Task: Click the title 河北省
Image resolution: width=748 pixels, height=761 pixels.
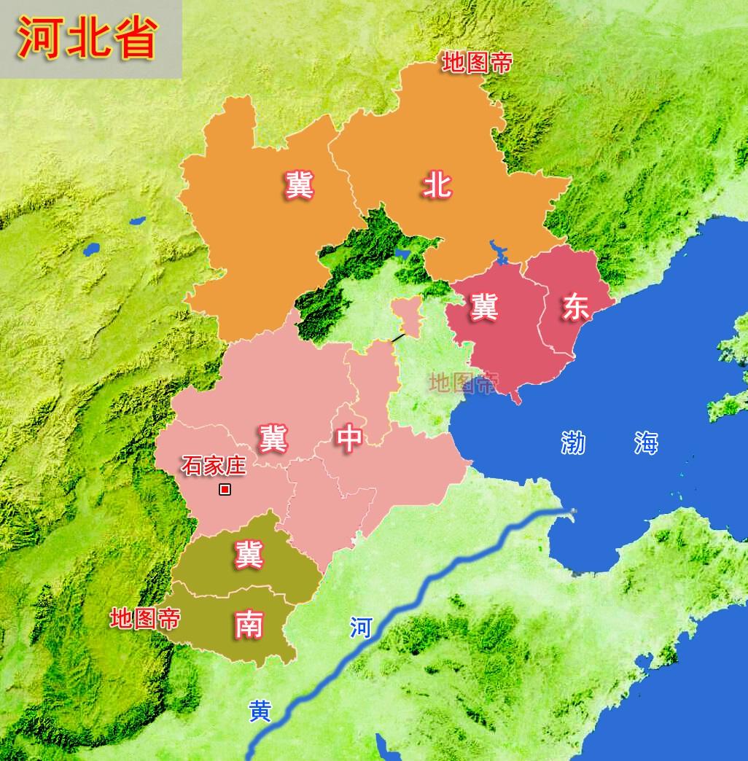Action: pyautogui.click(x=87, y=38)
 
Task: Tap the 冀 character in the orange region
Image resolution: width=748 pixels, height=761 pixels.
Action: pyautogui.click(x=299, y=185)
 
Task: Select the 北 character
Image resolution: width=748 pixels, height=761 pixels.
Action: pyautogui.click(x=437, y=185)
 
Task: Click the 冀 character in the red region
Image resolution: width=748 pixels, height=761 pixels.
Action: pyautogui.click(x=483, y=307)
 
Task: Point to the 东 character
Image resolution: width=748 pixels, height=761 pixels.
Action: pyautogui.click(x=575, y=307)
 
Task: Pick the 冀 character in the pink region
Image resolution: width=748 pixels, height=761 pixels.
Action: pyautogui.click(x=272, y=438)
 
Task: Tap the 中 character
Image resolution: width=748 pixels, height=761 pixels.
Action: pyautogui.click(x=349, y=438)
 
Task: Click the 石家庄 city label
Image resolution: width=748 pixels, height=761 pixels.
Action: pyautogui.click(x=214, y=466)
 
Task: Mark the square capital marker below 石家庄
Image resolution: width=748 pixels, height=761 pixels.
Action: pyautogui.click(x=225, y=490)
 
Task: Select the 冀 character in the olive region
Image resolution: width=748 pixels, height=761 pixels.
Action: pyautogui.click(x=248, y=555)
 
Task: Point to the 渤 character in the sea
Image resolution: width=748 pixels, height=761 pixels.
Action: pyautogui.click(x=574, y=442)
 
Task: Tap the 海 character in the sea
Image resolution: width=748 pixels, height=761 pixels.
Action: pyautogui.click(x=646, y=442)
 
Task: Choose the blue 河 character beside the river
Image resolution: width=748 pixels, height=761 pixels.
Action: pyautogui.click(x=360, y=628)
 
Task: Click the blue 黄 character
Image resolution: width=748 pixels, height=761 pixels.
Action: pyautogui.click(x=259, y=711)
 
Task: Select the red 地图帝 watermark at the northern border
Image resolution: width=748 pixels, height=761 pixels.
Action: pyautogui.click(x=478, y=63)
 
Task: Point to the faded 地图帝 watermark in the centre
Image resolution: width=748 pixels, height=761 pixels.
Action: pyautogui.click(x=463, y=382)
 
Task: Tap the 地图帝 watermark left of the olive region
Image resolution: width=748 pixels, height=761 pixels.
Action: pyautogui.click(x=144, y=620)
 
